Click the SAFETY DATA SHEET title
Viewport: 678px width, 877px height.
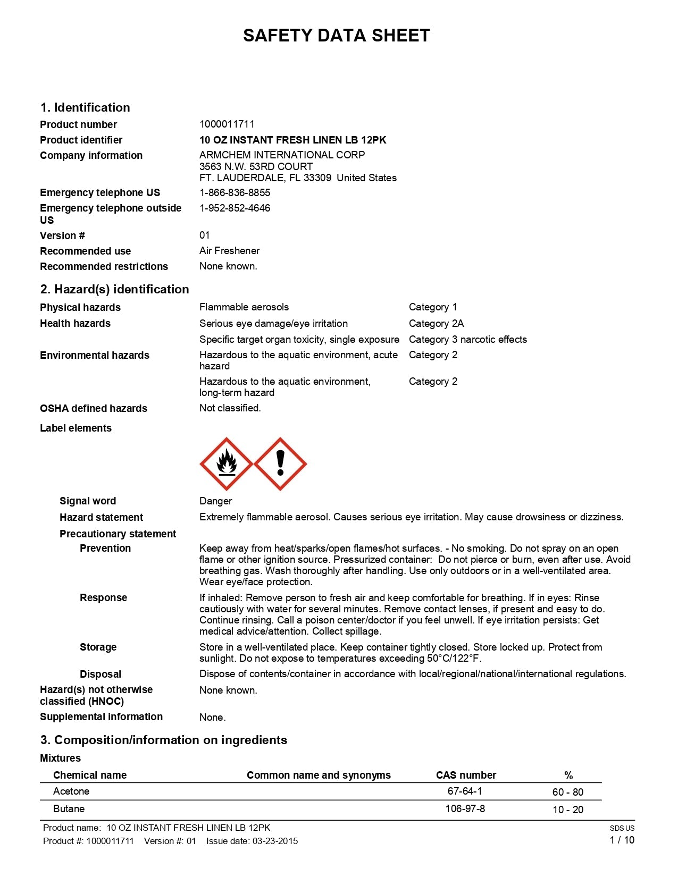pos(336,36)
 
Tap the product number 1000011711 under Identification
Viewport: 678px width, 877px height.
pos(227,124)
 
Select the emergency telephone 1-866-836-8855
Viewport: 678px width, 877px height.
pos(235,192)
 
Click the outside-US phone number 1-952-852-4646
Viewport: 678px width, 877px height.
pos(235,208)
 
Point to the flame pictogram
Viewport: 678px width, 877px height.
pos(227,464)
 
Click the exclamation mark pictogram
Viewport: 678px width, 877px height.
pos(280,464)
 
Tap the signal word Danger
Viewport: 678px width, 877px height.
pos(215,501)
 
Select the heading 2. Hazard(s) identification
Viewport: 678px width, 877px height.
pos(114,289)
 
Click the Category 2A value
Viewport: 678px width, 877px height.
pos(436,323)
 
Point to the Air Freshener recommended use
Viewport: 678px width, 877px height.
pos(229,250)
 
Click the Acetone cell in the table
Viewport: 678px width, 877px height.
pos(71,791)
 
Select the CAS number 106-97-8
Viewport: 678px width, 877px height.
pos(465,808)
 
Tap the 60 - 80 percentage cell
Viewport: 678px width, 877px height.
pos(567,792)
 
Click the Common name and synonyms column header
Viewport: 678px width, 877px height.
pos(319,775)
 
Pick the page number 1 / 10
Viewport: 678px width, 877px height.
pos(622,840)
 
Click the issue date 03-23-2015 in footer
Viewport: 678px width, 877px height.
pos(275,841)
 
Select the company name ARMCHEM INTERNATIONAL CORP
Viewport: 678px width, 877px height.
pos(282,155)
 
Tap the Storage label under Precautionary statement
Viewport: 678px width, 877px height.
pos(98,647)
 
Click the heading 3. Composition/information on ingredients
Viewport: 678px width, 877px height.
pos(164,740)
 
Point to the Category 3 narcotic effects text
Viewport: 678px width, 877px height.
pos(467,339)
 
